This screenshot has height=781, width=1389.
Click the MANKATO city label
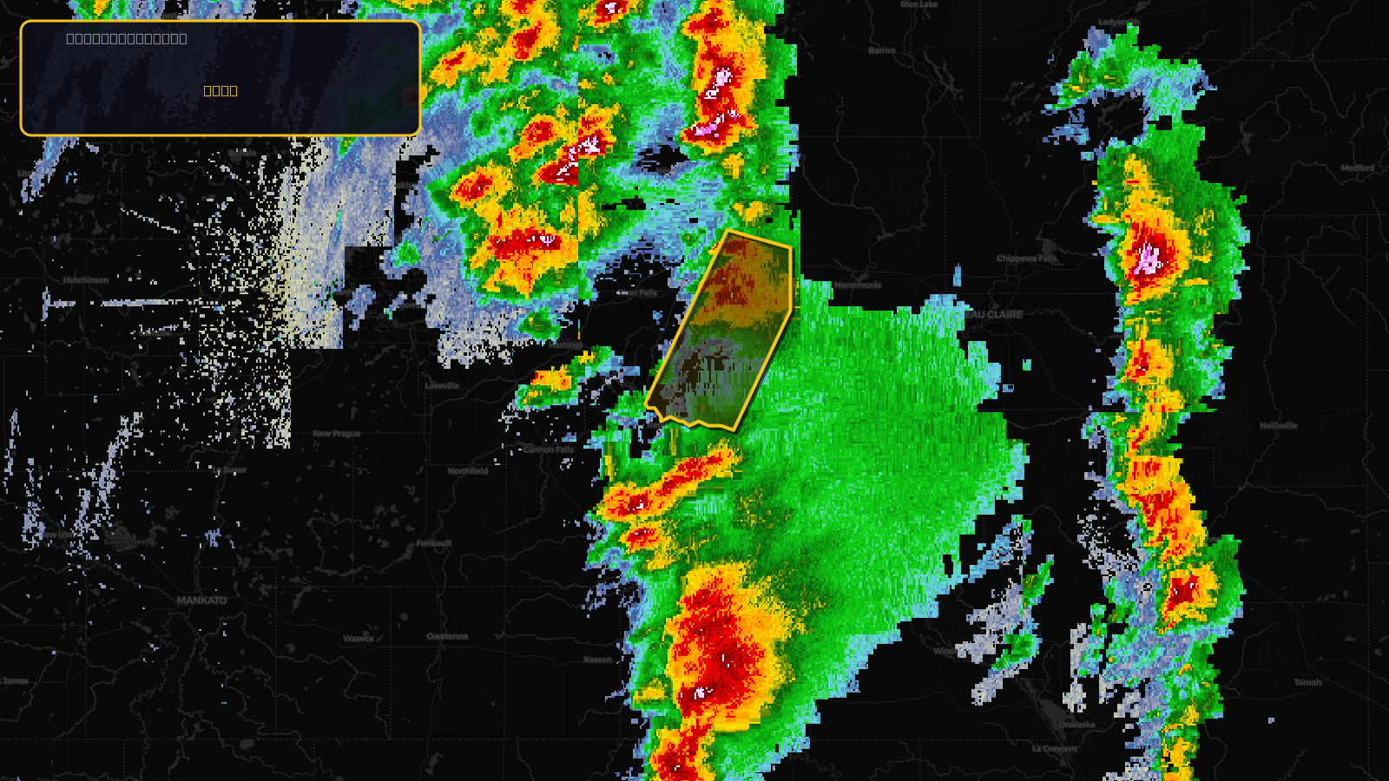(x=201, y=601)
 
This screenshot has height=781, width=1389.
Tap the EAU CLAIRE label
(x=995, y=314)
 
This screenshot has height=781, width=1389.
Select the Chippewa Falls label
(x=1027, y=259)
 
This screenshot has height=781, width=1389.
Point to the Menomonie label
(x=857, y=285)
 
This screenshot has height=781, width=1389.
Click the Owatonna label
(x=447, y=637)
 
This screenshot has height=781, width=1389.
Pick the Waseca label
(x=358, y=639)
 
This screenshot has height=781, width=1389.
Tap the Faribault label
(x=433, y=544)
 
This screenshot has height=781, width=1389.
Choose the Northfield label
(x=467, y=471)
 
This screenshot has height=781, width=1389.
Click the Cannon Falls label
(x=549, y=450)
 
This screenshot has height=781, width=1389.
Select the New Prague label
(x=336, y=434)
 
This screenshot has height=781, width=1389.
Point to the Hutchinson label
(x=86, y=280)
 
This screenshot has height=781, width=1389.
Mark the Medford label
(x=1357, y=168)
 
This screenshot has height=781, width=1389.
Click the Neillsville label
(x=1278, y=426)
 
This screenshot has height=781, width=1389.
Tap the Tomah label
(x=1307, y=683)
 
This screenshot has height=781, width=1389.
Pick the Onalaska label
(x=1076, y=725)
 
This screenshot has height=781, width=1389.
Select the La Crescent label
(x=1055, y=749)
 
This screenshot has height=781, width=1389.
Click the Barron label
(x=881, y=50)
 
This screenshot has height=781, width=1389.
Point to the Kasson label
(x=597, y=660)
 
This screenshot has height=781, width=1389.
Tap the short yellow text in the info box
(x=221, y=91)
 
